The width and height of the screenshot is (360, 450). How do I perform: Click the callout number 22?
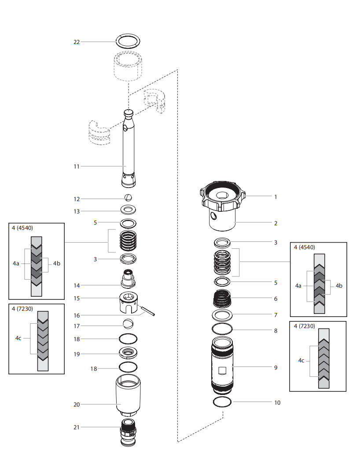point(77,42)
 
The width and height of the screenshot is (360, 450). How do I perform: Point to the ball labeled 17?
point(128,324)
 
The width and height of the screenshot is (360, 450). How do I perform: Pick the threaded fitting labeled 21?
point(129,432)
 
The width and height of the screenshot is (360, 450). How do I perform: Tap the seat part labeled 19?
point(128,353)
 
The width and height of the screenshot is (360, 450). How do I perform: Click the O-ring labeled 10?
point(222,402)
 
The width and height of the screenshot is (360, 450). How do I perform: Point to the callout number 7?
point(276,315)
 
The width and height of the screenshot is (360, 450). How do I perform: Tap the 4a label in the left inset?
point(16,263)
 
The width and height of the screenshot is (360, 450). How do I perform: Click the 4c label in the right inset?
point(301,360)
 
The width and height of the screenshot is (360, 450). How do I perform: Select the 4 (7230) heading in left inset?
point(23,309)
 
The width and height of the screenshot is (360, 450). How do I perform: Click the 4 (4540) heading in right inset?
point(305,247)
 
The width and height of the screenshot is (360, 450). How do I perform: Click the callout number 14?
point(77,285)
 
